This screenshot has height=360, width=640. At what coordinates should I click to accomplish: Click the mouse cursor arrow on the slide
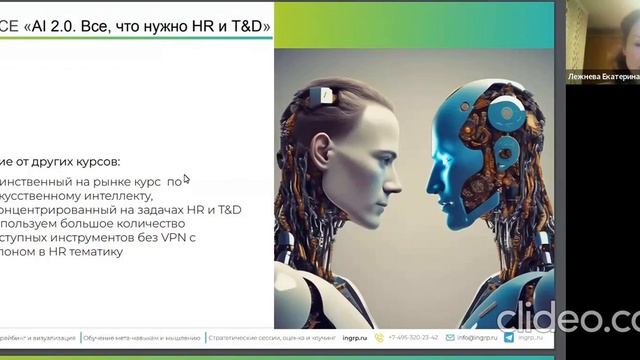(186, 179)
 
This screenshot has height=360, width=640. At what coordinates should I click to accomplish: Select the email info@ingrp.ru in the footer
(479, 338)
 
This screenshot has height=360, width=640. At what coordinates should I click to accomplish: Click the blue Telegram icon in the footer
(509, 338)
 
